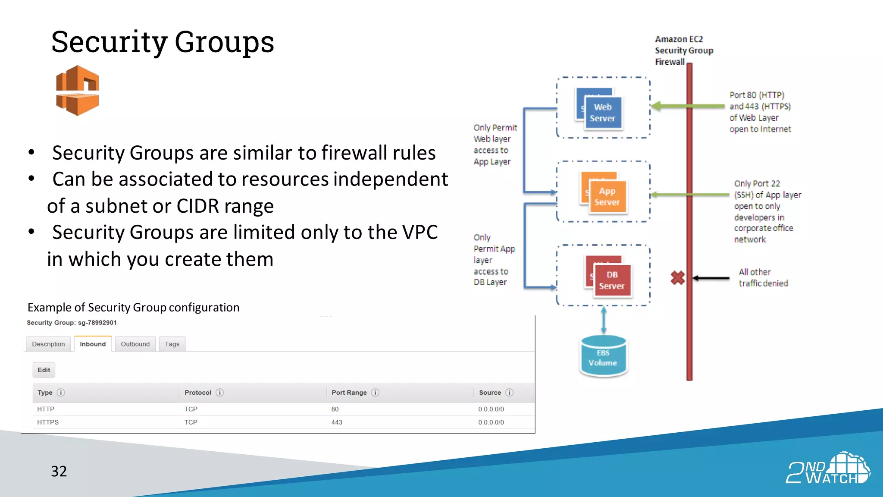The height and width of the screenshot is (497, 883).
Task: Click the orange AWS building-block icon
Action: pyautogui.click(x=78, y=91)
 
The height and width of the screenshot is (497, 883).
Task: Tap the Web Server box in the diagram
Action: pyautogui.click(x=602, y=113)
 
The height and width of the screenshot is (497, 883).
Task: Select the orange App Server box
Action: pyautogui.click(x=607, y=197)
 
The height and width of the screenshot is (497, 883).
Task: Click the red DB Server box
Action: pyautogui.click(x=611, y=280)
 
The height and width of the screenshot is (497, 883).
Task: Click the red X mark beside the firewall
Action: pyautogui.click(x=677, y=278)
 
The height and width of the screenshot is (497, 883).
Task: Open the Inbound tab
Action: pyautogui.click(x=93, y=344)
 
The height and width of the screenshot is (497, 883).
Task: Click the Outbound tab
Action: pyautogui.click(x=135, y=344)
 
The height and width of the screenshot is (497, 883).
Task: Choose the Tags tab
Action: pyautogui.click(x=172, y=344)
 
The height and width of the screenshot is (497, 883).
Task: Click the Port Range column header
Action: pyautogui.click(x=349, y=393)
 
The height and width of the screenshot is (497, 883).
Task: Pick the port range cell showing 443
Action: pyautogui.click(x=337, y=422)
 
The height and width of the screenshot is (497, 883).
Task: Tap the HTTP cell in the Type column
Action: pyautogui.click(x=46, y=409)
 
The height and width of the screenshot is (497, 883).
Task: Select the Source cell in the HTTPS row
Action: pyautogui.click(x=491, y=422)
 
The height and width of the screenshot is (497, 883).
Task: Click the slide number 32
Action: pyautogui.click(x=59, y=471)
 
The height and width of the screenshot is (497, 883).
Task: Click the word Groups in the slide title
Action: pyautogui.click(x=224, y=42)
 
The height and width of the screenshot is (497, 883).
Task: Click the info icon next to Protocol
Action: pyautogui.click(x=219, y=393)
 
